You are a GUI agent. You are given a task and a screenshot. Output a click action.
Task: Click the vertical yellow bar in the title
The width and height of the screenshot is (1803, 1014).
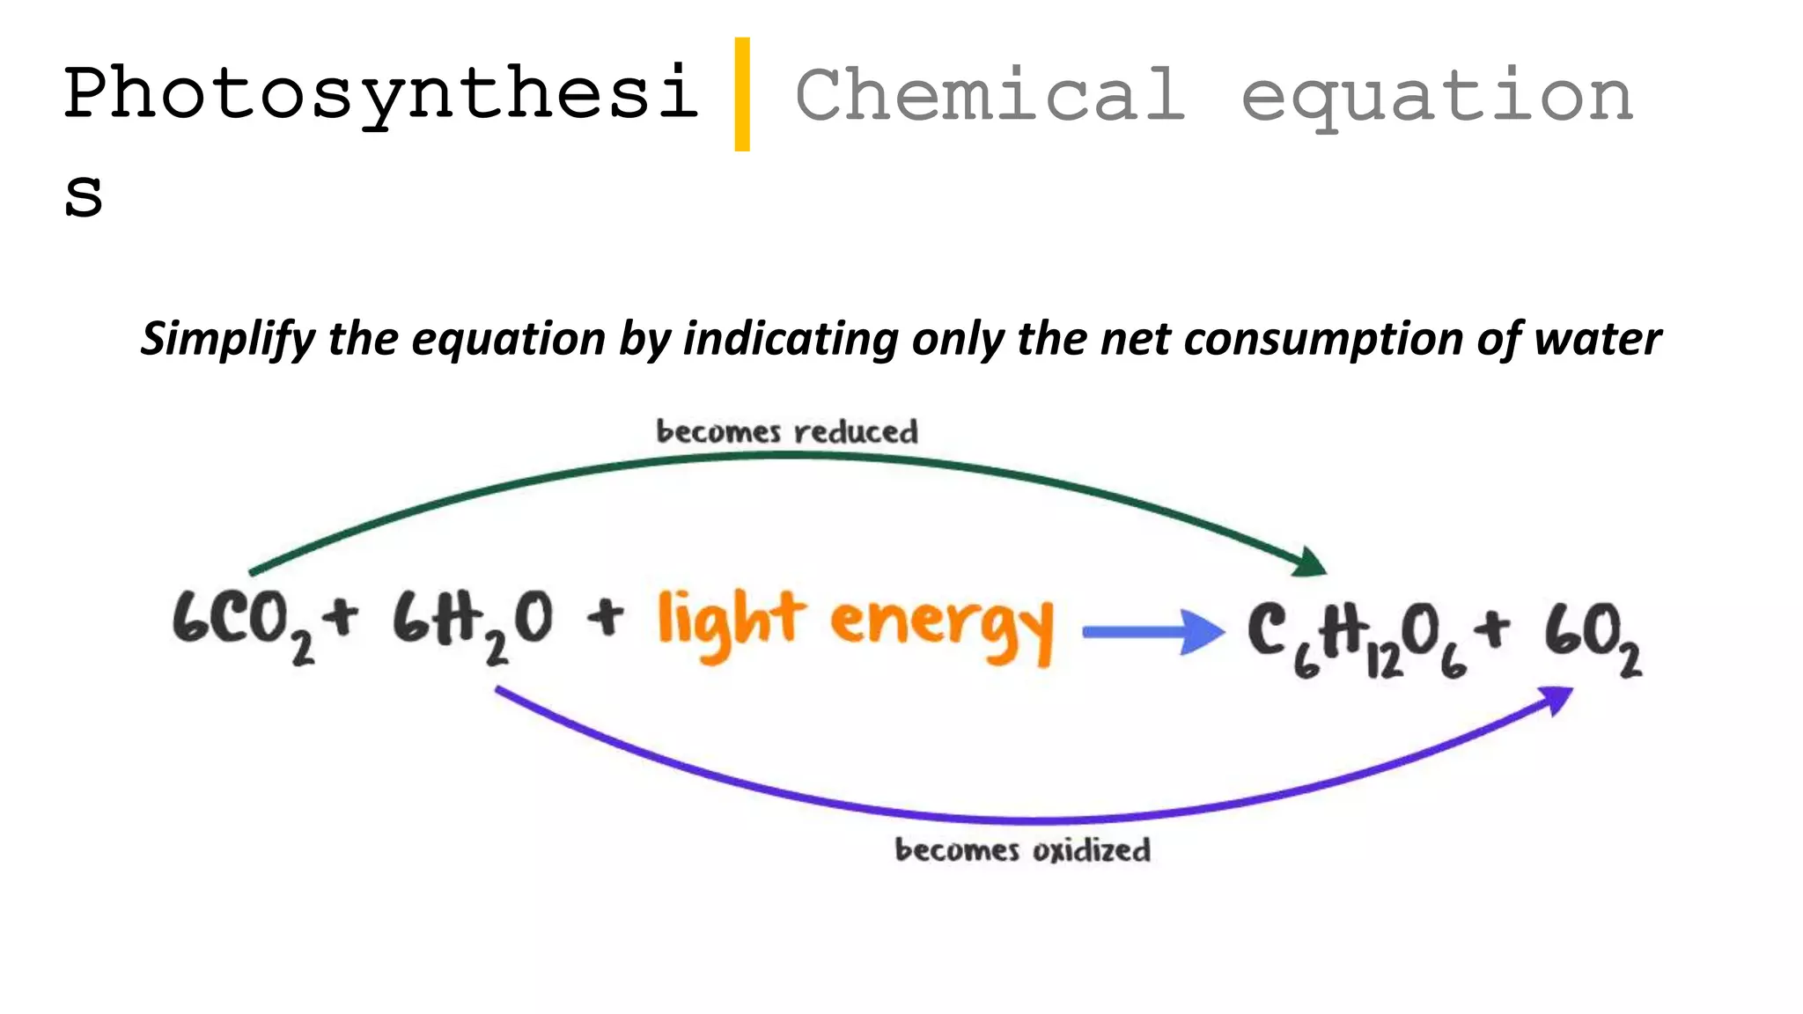pyautogui.click(x=742, y=94)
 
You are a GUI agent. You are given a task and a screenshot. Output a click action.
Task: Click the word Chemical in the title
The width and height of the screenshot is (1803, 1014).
pyautogui.click(x=990, y=94)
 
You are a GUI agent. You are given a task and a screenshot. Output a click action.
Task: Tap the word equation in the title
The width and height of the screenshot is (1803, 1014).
pyautogui.click(x=1437, y=97)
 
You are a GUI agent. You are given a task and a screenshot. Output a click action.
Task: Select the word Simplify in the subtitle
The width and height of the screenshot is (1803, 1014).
pyautogui.click(x=228, y=340)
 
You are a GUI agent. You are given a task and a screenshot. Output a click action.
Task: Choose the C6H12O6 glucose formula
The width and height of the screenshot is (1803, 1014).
pyautogui.click(x=1357, y=638)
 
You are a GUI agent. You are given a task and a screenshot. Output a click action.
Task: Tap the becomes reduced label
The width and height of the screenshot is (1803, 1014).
pyautogui.click(x=787, y=432)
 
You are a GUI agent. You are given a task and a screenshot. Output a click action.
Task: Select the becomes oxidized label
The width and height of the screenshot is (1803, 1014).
pyautogui.click(x=1022, y=850)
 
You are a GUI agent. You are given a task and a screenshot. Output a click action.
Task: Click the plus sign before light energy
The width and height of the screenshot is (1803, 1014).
pyautogui.click(x=606, y=616)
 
